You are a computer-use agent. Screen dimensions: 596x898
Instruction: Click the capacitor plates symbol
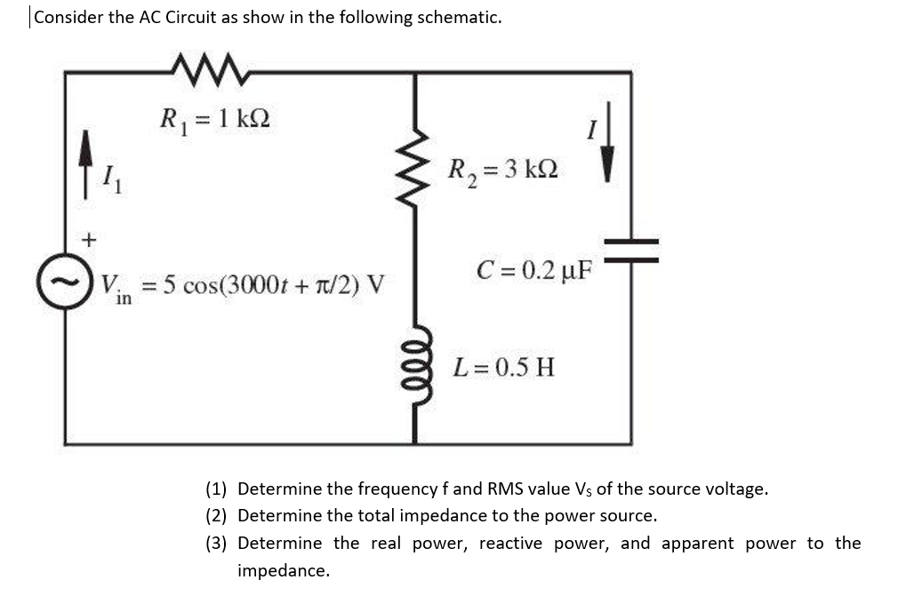click(631, 250)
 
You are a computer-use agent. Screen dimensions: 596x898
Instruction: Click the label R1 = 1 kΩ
click(213, 118)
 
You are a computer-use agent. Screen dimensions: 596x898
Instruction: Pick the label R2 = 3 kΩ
click(503, 168)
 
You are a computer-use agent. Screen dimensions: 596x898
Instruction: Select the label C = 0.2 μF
click(533, 267)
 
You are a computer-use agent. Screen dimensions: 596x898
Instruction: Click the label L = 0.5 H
click(503, 366)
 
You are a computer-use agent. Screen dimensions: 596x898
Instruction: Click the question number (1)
click(216, 489)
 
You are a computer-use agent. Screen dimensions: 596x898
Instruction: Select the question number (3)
click(216, 543)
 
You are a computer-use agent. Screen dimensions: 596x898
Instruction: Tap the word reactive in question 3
click(510, 543)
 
